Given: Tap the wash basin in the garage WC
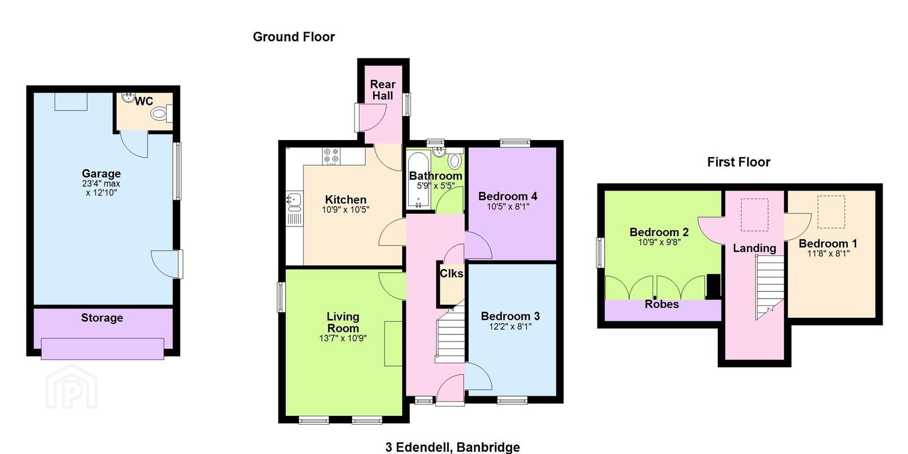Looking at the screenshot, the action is tap(128, 97).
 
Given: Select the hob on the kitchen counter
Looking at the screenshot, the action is tap(331, 156).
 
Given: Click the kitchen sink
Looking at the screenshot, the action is tap(293, 202).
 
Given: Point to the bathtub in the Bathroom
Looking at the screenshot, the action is tap(419, 180).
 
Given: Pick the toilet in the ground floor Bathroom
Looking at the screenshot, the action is tap(455, 160).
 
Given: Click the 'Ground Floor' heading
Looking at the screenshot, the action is tap(294, 37).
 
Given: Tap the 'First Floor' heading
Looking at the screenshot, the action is tap(739, 162).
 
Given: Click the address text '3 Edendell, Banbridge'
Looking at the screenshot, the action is tap(453, 447).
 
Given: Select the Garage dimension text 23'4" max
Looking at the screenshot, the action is tap(101, 183).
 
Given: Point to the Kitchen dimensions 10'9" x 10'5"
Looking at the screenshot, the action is tap(346, 210).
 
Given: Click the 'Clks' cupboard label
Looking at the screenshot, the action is tap(452, 273).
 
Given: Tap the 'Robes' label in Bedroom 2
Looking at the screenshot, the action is tap(662, 304).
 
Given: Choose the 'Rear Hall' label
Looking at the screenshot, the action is tap(383, 90).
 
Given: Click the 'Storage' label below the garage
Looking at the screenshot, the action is tap(102, 318).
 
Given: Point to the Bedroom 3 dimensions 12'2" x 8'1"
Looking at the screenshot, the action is tap(510, 326).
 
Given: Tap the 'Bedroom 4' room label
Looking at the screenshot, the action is tap(507, 196).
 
